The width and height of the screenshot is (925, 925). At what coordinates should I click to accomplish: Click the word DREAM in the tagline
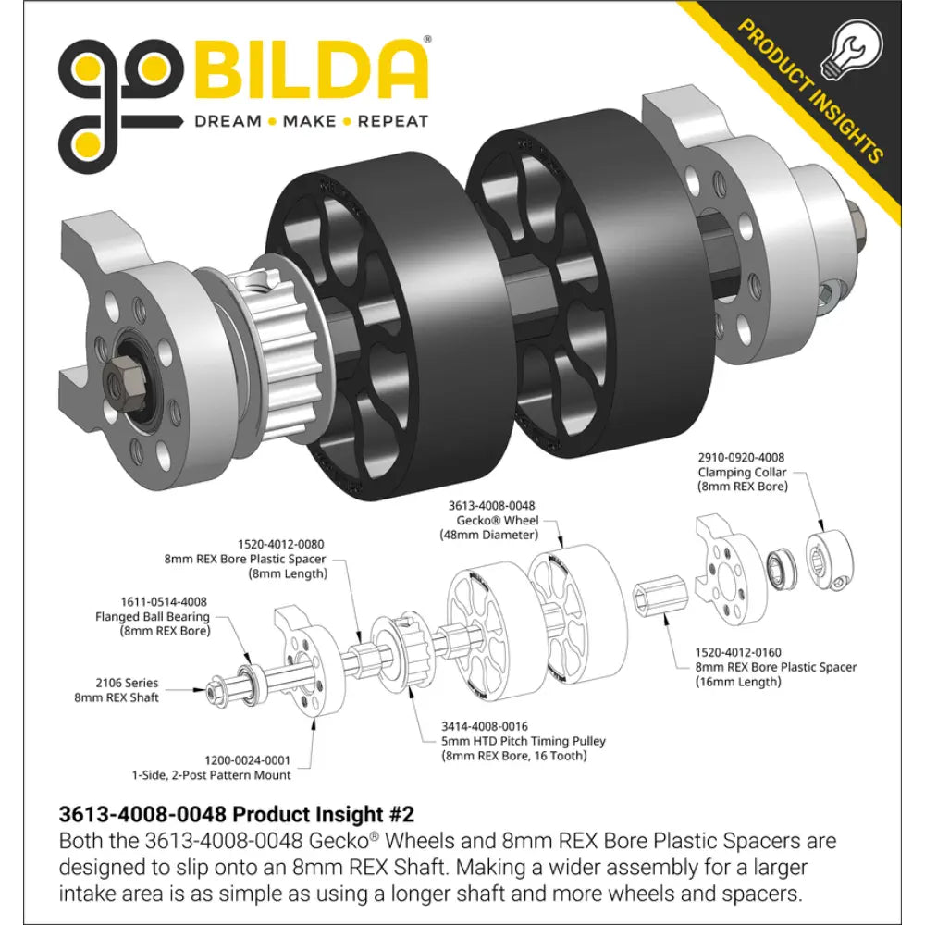(x=228, y=121)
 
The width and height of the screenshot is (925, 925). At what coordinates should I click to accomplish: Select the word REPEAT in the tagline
(x=393, y=121)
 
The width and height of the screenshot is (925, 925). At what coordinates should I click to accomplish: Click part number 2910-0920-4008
(x=741, y=457)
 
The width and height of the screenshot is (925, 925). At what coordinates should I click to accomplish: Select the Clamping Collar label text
(x=742, y=472)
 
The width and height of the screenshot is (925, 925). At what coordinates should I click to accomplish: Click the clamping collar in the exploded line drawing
(x=829, y=561)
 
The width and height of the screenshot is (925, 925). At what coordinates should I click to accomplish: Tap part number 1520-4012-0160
(x=737, y=652)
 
